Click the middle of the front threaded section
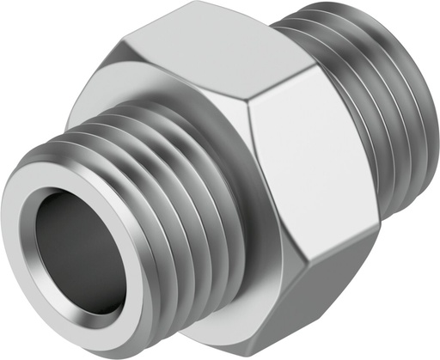click(x=146, y=198)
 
